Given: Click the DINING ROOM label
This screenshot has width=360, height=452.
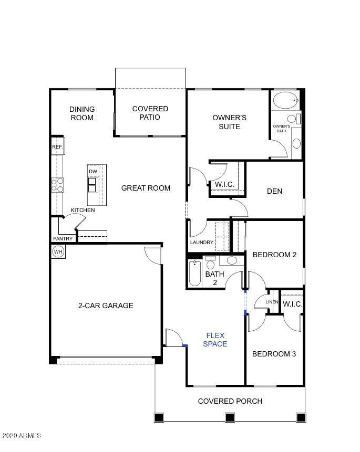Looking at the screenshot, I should click(x=82, y=113).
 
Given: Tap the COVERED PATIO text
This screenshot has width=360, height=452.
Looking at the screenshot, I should click(x=150, y=113).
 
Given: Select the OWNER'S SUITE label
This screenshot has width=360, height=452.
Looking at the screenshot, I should click(x=229, y=122).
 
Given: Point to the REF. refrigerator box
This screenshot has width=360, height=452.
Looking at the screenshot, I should click(x=57, y=148).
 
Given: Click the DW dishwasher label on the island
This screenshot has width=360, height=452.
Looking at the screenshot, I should click(x=93, y=172).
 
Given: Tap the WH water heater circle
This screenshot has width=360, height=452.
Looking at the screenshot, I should click(x=58, y=252).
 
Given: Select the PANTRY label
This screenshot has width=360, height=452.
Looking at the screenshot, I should click(x=63, y=239).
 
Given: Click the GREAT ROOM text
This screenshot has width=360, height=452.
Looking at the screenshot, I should click(x=146, y=188).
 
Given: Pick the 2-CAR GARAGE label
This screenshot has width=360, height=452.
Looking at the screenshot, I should click(x=106, y=306).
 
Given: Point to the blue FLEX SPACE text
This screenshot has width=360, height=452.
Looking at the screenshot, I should click(x=216, y=340).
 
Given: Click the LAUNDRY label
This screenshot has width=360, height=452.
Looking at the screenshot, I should click(x=202, y=243).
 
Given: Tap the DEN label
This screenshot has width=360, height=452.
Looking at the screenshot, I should click(x=274, y=191).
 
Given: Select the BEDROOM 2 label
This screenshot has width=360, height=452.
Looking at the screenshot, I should click(x=274, y=255).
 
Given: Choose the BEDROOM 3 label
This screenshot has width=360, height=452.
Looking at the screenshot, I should click(x=274, y=354).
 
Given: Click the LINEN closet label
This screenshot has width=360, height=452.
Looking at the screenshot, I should click(x=271, y=302).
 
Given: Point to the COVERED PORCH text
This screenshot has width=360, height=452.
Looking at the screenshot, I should click(x=230, y=401).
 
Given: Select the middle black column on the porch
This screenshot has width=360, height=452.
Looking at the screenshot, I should click(x=229, y=417).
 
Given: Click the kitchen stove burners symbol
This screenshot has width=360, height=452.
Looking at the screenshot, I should click(x=57, y=185).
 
